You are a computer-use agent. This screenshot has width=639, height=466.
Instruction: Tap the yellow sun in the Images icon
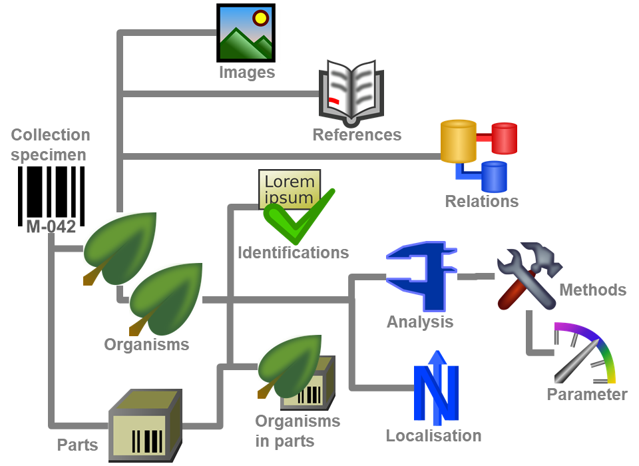tap(260, 18)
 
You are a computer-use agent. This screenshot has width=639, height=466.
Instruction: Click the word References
tap(357, 134)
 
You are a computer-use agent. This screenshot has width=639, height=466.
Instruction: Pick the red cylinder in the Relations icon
tap(503, 138)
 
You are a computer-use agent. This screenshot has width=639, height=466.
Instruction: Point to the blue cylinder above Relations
tap(494, 176)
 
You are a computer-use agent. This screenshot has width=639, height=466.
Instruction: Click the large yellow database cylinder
tap(459, 141)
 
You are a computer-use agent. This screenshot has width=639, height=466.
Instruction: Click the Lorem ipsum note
tap(288, 188)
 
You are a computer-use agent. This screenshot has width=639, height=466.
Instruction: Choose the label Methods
tap(592, 290)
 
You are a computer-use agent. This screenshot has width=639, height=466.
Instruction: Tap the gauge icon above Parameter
tap(583, 353)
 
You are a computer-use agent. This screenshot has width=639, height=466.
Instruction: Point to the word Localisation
tap(433, 436)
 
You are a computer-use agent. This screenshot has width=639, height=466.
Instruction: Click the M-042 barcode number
tap(51, 226)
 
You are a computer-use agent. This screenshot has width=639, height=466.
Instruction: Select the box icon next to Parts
tap(145, 423)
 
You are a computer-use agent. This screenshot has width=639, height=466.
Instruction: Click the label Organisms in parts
tap(297, 431)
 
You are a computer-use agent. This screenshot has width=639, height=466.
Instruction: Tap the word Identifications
tap(293, 252)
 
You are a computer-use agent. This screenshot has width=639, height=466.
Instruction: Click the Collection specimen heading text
tap(50, 144)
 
